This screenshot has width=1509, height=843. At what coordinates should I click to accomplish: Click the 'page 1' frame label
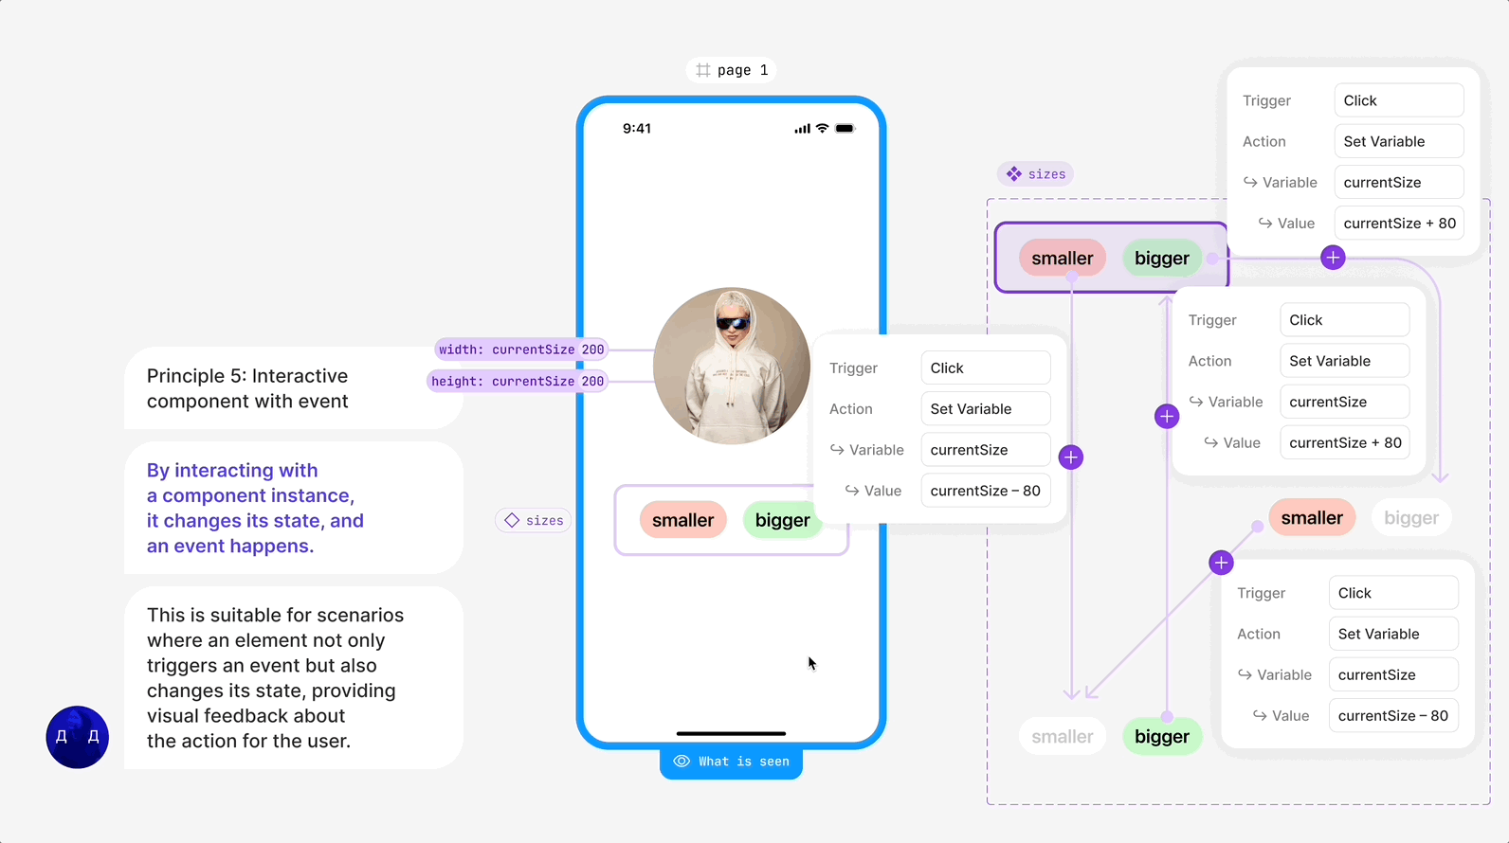(732, 70)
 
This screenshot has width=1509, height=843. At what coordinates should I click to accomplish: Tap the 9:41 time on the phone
(637, 129)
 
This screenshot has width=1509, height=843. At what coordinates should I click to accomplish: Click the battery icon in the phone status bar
(845, 129)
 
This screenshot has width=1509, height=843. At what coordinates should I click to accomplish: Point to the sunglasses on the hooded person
(732, 324)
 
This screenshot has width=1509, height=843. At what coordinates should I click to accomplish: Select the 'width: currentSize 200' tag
(520, 350)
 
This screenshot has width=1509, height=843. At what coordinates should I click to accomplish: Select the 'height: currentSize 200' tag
(517, 381)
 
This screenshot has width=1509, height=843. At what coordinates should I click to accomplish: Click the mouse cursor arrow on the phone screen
(811, 662)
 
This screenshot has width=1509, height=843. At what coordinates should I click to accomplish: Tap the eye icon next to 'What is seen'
(682, 762)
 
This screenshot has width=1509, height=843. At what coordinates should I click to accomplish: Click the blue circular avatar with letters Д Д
(78, 737)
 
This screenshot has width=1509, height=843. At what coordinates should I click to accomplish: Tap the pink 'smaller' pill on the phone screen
(682, 520)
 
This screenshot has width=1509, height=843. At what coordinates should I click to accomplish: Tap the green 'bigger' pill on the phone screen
(782, 520)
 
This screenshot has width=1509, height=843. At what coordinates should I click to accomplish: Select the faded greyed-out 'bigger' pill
(1410, 518)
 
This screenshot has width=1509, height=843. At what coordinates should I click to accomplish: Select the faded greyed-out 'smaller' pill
(1062, 737)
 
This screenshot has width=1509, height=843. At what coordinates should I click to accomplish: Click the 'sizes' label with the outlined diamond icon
(534, 520)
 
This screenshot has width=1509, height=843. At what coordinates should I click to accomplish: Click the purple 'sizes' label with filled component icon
(1036, 174)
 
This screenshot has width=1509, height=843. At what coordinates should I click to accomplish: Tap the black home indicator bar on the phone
(731, 733)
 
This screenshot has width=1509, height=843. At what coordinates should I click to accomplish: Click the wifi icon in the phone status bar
(822, 129)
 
